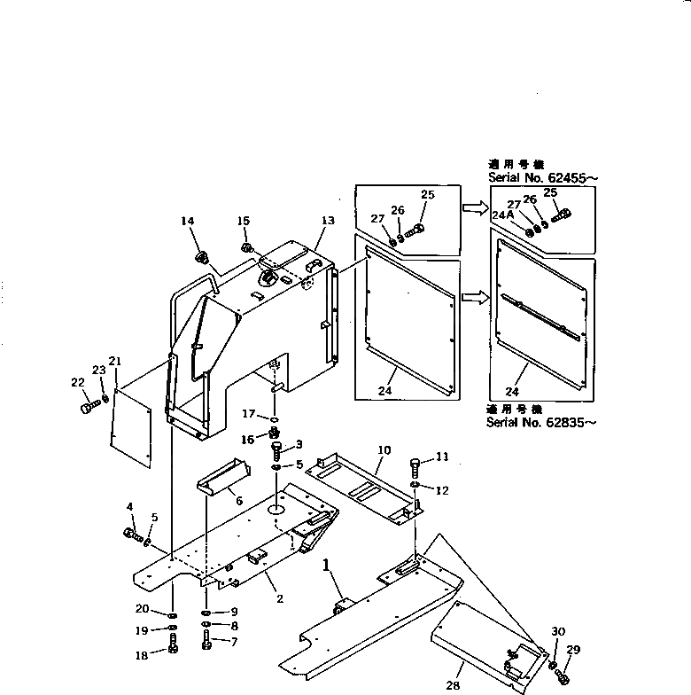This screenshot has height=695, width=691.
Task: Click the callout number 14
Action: pyautogui.click(x=187, y=222)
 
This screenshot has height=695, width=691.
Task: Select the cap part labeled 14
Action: pyautogui.click(x=201, y=258)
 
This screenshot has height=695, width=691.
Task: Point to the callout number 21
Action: pyautogui.click(x=114, y=361)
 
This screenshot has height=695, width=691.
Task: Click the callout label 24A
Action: pyautogui.click(x=502, y=215)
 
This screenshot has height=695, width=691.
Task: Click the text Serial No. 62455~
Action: pyautogui.click(x=542, y=177)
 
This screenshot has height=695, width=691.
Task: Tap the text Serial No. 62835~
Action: pyautogui.click(x=540, y=422)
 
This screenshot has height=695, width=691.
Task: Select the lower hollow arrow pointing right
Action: pyautogui.click(x=475, y=298)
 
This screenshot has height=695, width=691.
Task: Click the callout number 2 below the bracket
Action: pyautogui.click(x=279, y=599)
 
